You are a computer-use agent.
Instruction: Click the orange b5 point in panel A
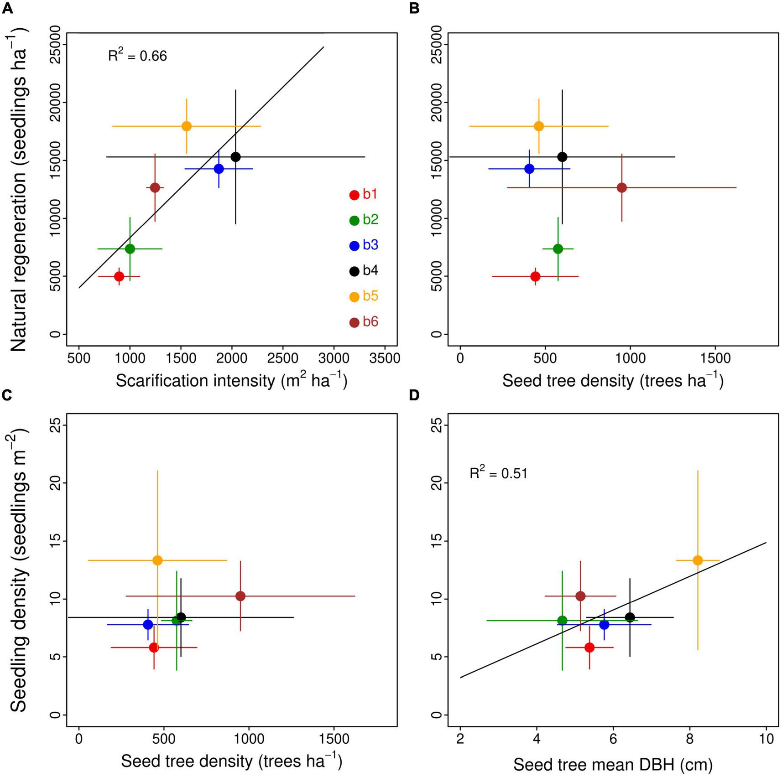click(187, 126)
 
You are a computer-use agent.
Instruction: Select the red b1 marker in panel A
click(119, 276)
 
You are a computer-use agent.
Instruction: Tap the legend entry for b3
click(364, 245)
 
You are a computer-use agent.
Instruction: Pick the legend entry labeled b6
click(364, 322)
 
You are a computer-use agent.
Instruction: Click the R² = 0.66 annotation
click(137, 56)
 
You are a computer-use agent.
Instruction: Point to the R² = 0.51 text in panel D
click(499, 473)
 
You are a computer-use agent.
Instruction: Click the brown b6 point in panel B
click(621, 187)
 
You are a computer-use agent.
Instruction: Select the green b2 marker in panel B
click(558, 249)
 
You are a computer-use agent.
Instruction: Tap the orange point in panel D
click(698, 560)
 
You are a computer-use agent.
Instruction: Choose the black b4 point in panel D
click(630, 617)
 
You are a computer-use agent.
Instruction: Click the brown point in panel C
click(240, 596)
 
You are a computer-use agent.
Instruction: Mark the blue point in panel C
click(148, 624)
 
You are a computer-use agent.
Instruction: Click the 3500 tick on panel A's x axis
click(385, 358)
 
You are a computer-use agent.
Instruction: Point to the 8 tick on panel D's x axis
click(689, 738)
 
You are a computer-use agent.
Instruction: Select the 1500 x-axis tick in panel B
click(714, 358)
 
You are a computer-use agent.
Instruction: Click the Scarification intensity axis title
click(231, 380)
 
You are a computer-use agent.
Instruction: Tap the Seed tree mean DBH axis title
click(613, 765)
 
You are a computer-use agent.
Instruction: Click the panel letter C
click(6, 395)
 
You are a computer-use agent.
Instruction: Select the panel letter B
click(414, 8)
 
